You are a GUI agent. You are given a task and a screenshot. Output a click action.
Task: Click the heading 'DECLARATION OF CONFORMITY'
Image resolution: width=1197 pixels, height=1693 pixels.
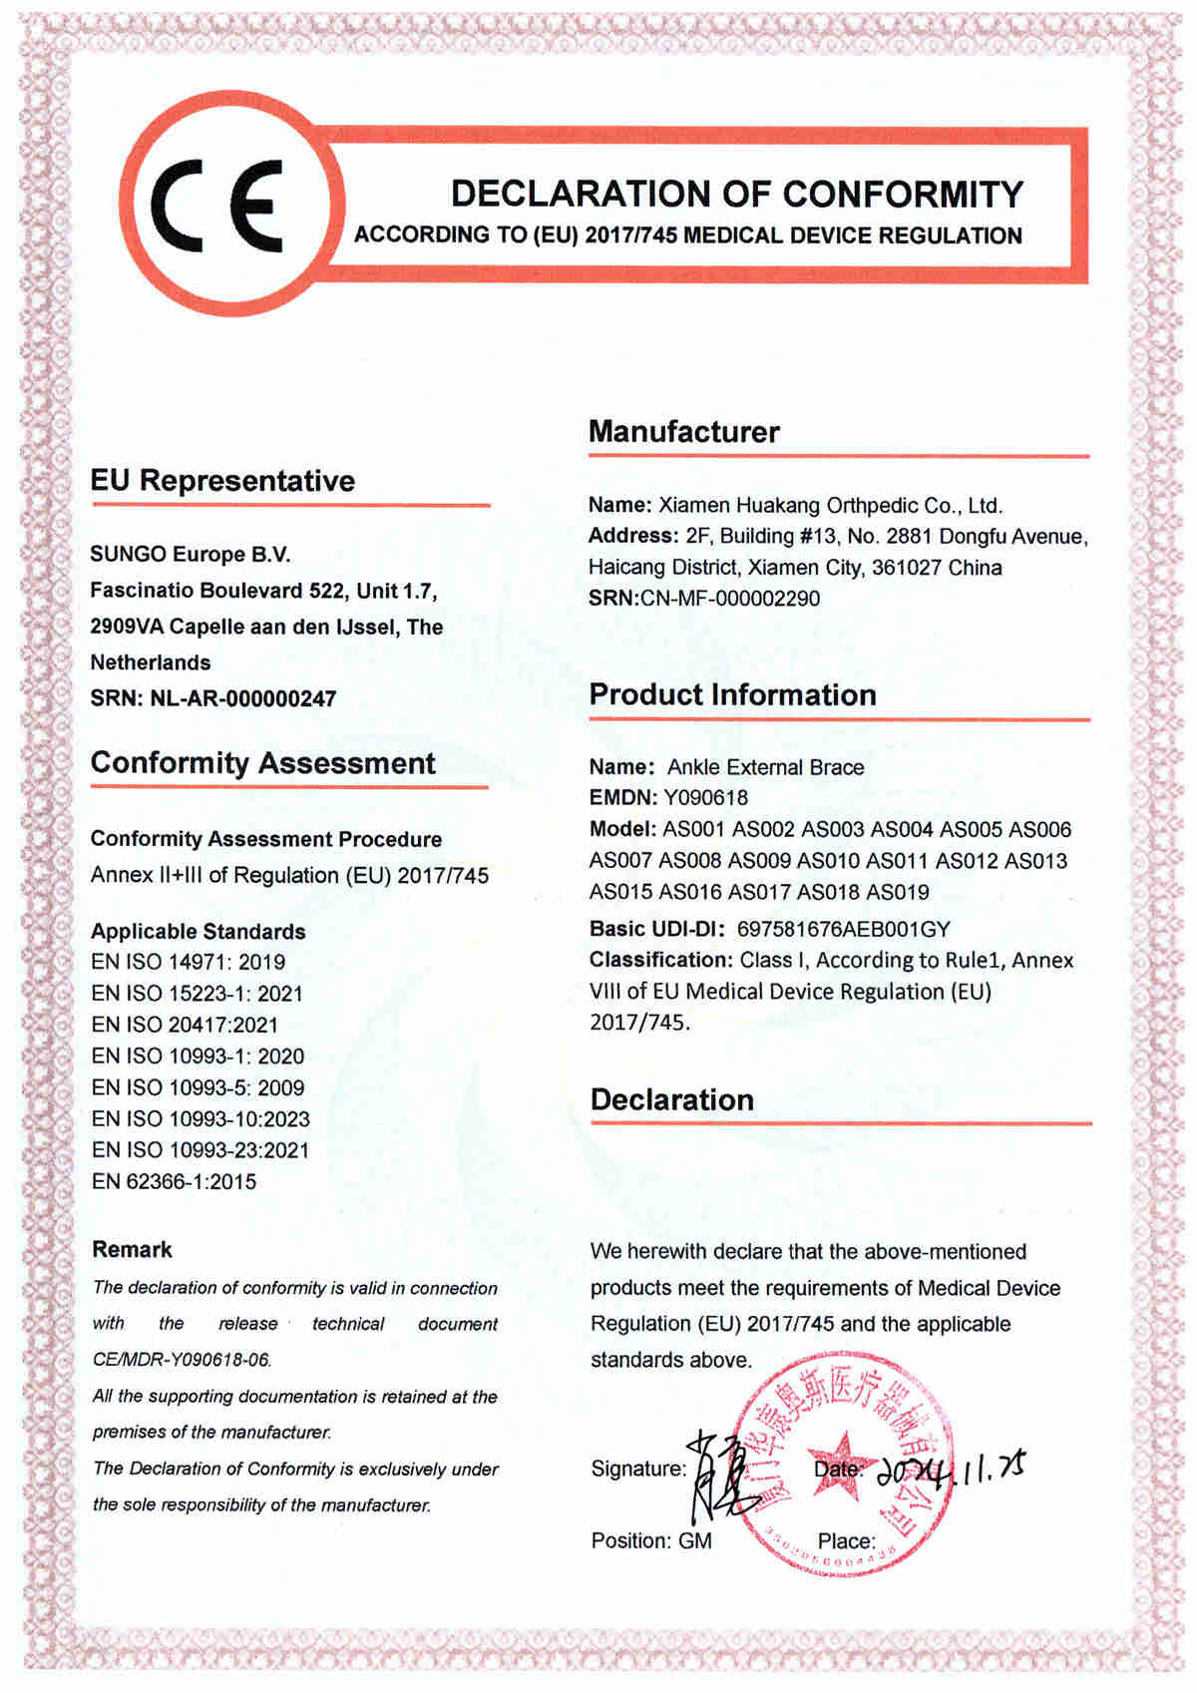[736, 194]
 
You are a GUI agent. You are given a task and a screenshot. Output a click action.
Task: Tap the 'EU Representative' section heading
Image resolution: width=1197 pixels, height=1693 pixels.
[222, 481]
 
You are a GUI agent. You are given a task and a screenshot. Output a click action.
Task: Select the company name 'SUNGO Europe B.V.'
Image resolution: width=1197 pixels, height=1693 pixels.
[191, 555]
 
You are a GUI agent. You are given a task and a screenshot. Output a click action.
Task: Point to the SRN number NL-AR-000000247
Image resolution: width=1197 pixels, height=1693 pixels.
[242, 698]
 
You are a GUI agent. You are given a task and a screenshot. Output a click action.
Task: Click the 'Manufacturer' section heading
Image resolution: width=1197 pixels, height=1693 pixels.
[683, 432]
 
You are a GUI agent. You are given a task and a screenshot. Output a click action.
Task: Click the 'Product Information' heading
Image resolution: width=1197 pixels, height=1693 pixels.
[732, 694]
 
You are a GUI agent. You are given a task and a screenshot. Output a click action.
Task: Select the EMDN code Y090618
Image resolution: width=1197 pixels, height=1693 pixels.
[705, 797]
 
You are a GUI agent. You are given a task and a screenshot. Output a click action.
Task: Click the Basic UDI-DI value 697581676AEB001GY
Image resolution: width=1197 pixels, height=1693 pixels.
[843, 929]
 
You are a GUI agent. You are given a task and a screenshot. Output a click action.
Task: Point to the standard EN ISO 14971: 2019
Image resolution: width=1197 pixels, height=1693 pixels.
[188, 962]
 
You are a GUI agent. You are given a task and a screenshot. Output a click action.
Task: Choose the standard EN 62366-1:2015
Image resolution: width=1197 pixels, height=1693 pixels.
[174, 1181]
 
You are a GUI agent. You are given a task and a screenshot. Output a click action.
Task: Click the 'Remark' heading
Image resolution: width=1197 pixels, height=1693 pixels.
[132, 1249]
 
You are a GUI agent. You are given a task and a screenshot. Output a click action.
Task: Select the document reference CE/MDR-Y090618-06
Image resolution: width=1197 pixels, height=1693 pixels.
[182, 1360]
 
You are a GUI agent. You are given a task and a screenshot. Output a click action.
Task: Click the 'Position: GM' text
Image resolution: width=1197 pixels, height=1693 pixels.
[651, 1540]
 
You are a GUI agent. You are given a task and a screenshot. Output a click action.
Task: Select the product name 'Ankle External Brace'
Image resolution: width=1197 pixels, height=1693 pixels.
[765, 767]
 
